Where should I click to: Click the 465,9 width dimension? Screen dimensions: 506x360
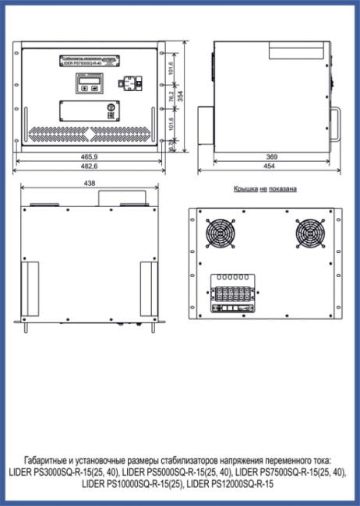(x=90, y=156)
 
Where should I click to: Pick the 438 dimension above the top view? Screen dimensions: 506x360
(x=90, y=184)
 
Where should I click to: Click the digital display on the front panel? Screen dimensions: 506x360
(x=86, y=83)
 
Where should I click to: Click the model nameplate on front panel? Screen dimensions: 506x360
(x=86, y=61)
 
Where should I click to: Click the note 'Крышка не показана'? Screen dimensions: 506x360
(x=265, y=189)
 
